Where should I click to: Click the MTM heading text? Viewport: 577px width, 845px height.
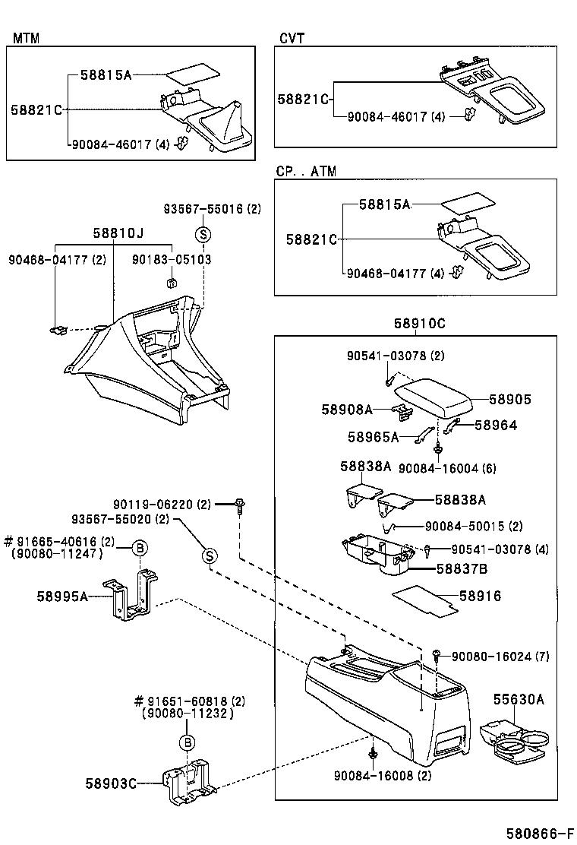click(x=26, y=38)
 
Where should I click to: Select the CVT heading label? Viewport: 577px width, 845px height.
click(x=292, y=38)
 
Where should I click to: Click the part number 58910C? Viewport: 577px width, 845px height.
click(x=419, y=323)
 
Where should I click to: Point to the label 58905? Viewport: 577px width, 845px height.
click(x=509, y=400)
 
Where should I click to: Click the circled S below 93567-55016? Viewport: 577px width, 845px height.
click(x=203, y=235)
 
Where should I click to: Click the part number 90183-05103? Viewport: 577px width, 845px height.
click(x=173, y=260)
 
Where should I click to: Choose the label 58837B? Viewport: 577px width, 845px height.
click(x=461, y=568)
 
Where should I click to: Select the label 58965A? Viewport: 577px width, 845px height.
click(x=374, y=437)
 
